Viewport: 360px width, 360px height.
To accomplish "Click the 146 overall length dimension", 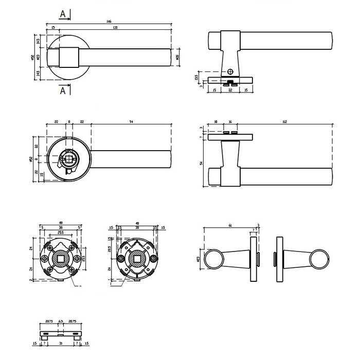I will click(109, 22).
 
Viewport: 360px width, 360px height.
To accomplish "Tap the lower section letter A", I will click(63, 91).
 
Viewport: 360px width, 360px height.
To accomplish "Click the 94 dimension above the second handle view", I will click(131, 122).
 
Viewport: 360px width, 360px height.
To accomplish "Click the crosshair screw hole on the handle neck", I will click(230, 71).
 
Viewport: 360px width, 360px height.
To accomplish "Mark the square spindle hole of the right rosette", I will click(137, 258).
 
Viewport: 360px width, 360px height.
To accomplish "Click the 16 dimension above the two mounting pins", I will click(230, 122).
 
